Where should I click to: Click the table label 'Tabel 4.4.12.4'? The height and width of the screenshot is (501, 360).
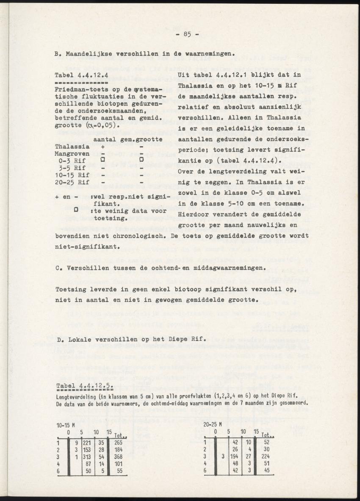coord(81,76)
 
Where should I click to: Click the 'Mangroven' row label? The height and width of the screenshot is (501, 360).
coord(72,153)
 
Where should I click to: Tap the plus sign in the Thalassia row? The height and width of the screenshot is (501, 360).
coord(102,146)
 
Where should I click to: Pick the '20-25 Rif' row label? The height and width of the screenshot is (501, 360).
coord(72,182)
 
